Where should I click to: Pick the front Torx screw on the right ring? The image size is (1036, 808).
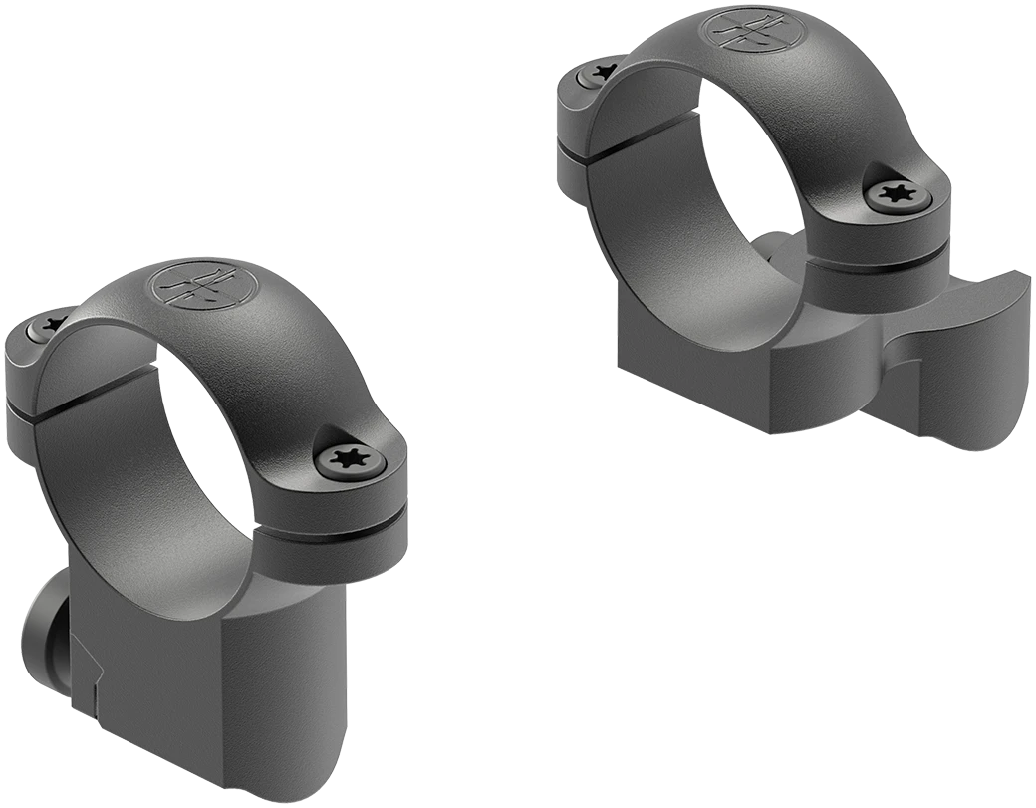point(903,195)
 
